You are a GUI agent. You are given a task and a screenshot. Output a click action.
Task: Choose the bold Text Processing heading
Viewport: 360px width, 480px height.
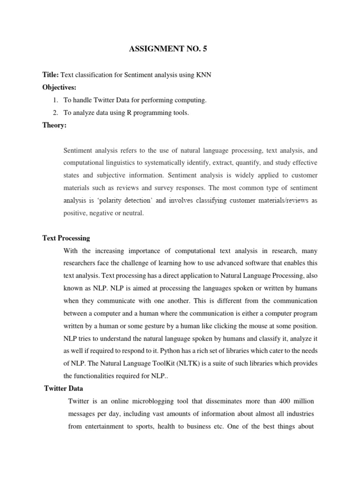66,238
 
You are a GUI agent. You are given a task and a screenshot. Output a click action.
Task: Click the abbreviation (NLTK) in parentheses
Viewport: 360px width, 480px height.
182,363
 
